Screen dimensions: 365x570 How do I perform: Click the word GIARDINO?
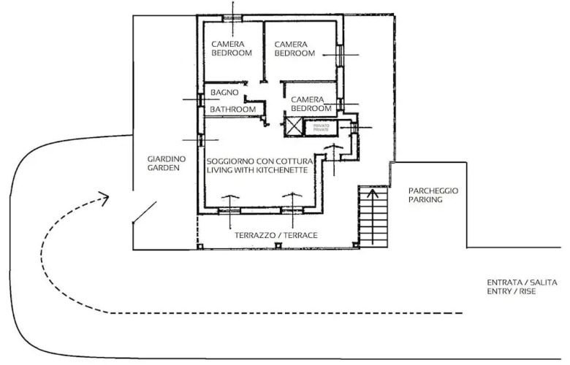[167, 158]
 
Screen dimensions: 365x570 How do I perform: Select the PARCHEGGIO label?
[433, 191]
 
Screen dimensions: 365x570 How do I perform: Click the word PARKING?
[425, 199]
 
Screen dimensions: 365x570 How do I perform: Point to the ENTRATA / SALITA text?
[522, 282]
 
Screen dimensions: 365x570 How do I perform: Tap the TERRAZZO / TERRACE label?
[275, 236]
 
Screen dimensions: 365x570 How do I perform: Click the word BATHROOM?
[233, 109]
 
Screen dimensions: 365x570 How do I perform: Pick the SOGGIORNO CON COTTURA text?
[260, 161]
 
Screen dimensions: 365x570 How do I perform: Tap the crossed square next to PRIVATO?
[293, 126]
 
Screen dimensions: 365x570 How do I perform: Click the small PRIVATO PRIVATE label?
[322, 127]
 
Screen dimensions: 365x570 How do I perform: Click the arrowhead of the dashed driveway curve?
[103, 196]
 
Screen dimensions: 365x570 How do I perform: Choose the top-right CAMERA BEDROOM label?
[294, 49]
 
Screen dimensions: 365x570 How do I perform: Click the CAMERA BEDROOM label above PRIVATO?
[311, 104]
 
